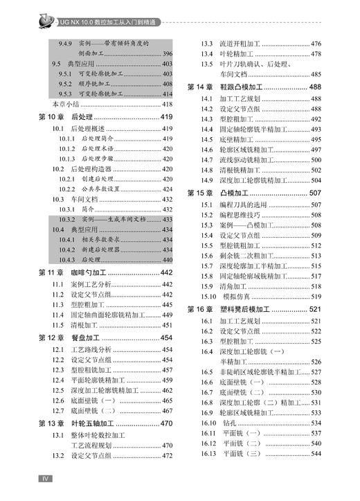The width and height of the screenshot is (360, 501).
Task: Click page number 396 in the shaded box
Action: coord(168,53)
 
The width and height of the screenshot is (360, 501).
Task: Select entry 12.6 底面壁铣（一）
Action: coord(91,401)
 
